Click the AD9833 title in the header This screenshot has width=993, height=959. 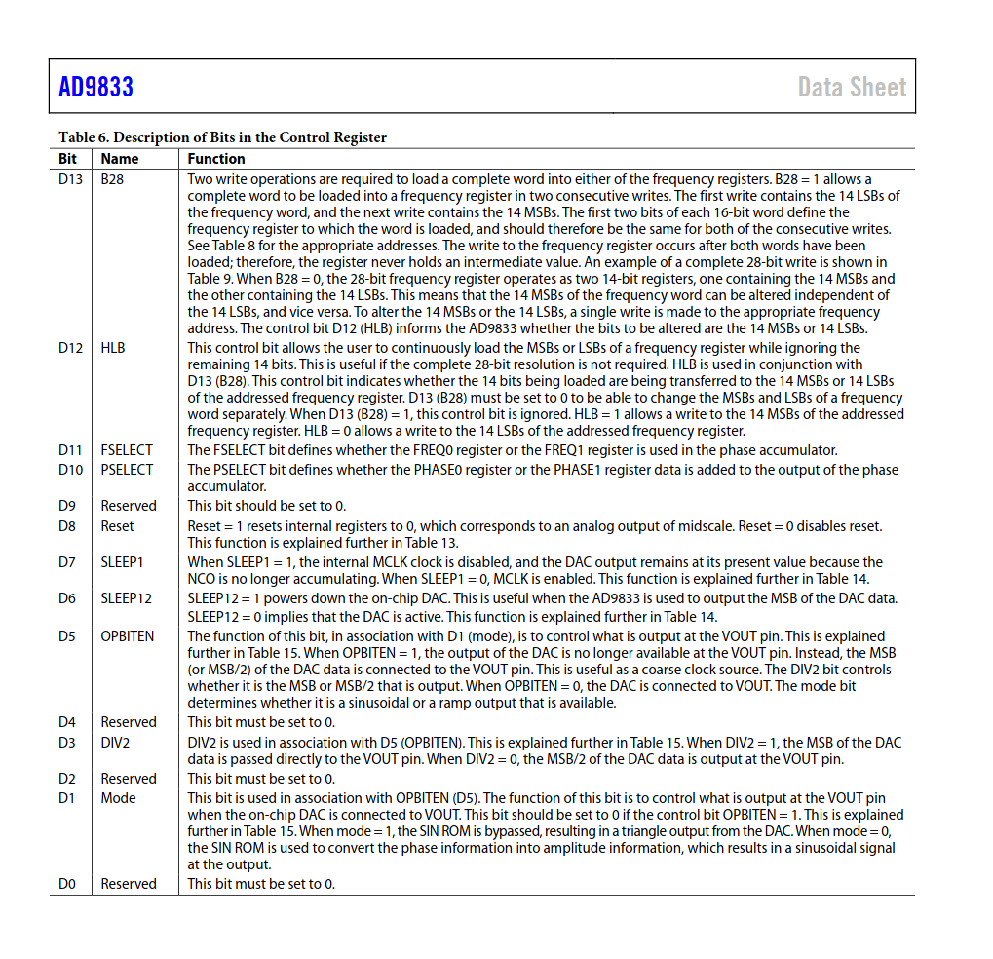(95, 88)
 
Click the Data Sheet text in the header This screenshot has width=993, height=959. (852, 88)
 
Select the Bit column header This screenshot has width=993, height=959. (67, 159)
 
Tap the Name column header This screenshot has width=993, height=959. (120, 159)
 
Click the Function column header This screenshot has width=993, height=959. (216, 159)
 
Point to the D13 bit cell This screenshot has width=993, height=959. (70, 179)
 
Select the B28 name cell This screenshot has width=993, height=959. (112, 179)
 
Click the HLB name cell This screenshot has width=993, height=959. (113, 348)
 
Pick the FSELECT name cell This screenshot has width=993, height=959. (127, 450)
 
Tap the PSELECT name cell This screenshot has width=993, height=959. (127, 470)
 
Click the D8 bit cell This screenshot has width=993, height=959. (66, 526)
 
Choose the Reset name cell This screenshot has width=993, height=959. (117, 526)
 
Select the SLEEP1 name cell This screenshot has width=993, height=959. (122, 562)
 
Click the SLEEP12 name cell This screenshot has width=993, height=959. (126, 598)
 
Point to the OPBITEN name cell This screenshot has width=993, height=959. (127, 636)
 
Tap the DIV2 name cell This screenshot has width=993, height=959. (115, 742)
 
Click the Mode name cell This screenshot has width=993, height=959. (118, 798)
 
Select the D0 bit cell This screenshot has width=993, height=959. (66, 884)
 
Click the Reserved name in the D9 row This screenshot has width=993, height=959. (129, 506)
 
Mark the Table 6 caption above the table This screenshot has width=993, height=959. (222, 137)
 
